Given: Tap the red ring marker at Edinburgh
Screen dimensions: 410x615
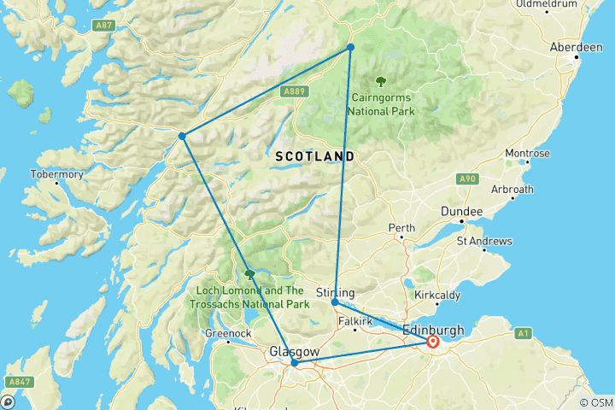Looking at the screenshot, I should pos(432,342).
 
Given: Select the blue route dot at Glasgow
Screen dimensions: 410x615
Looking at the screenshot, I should pos(295,363).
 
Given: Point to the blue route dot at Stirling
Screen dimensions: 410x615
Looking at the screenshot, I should pos(335,302).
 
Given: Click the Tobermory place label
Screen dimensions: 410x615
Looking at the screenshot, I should pos(57,174).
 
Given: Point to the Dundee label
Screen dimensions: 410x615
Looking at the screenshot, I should pos(461,211).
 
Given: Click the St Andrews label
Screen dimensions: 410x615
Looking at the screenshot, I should pos(483,241).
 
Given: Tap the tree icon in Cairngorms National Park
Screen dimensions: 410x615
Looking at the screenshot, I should pos(380,81).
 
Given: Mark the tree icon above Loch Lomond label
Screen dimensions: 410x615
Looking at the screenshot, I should pos(249,274).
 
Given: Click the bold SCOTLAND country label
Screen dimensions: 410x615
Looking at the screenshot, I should pos(315,157).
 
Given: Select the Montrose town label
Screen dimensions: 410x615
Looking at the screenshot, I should pos(527,154).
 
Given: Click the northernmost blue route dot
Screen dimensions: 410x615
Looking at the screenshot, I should pos(350,47).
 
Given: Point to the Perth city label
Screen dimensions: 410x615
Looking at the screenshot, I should pos(401,228).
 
